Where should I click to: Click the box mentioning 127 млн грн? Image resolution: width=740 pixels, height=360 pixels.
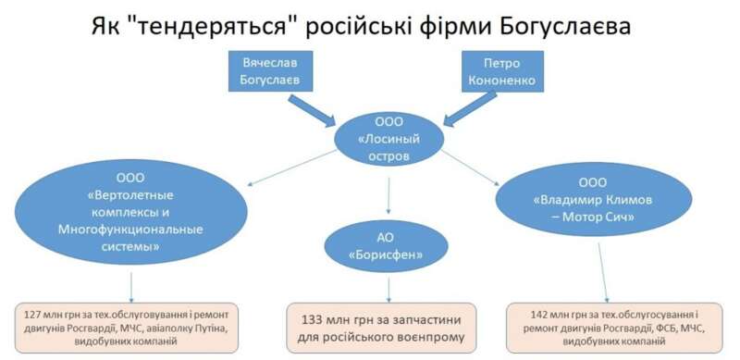[x=131, y=325]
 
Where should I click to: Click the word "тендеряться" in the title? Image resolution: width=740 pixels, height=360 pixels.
[x=230, y=25]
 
